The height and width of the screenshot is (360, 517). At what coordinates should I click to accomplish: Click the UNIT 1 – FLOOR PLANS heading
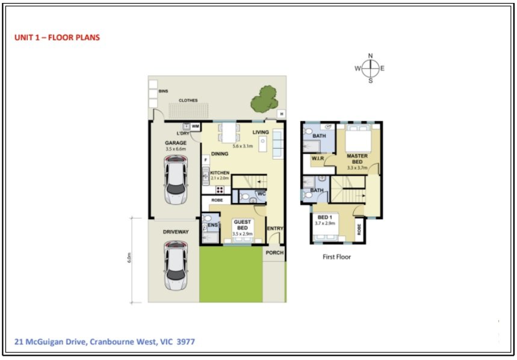point(57,37)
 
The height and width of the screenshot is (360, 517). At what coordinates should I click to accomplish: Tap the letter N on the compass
point(370,56)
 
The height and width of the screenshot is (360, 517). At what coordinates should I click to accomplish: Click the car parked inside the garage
point(176,179)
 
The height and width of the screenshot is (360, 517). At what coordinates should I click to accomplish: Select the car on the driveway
point(176,265)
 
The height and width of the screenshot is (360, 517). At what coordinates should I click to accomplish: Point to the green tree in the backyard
point(264,99)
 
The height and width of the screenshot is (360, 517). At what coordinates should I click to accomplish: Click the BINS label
point(163,91)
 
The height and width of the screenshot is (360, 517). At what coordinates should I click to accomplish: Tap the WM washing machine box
point(196,126)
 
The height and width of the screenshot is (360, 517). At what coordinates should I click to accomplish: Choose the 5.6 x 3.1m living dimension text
point(243,146)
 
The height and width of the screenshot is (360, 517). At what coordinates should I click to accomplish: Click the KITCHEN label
point(220,173)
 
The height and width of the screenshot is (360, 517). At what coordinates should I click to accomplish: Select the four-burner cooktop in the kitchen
point(220,190)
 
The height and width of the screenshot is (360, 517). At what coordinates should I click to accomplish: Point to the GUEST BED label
point(243,225)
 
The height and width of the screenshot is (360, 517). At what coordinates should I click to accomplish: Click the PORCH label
point(274,252)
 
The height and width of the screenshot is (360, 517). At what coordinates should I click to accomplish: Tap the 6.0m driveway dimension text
point(129,258)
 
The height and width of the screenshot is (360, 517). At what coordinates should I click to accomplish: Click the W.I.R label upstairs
point(318,158)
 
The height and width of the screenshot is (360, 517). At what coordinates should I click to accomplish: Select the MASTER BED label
point(357,159)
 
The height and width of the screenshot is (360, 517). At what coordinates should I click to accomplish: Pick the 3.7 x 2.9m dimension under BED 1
point(325,223)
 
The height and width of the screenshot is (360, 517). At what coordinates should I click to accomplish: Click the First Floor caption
point(336,257)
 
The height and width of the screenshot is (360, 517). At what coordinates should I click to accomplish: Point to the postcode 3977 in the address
point(185,341)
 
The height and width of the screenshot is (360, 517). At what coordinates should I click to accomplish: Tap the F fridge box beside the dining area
point(206,160)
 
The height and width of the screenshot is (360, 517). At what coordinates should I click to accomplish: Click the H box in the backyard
point(282,114)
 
